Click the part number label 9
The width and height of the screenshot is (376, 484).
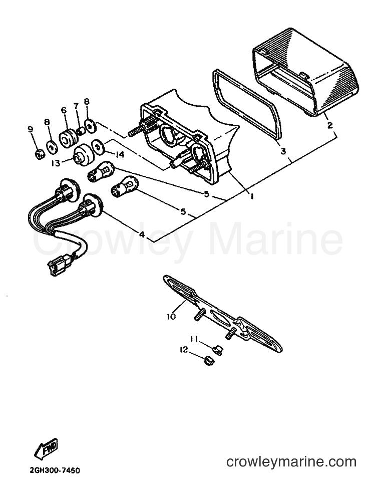[x=30, y=130]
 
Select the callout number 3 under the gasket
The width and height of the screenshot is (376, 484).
[x=283, y=151]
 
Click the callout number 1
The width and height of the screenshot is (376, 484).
[x=252, y=196]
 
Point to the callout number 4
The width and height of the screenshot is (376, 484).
[x=142, y=234]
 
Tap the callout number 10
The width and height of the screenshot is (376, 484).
[x=171, y=316]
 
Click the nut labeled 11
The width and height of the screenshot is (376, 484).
[x=217, y=350]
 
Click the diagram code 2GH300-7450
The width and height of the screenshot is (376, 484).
[x=55, y=471]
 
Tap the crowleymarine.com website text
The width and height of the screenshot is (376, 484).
[x=291, y=462]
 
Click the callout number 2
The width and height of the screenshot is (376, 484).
[x=330, y=125]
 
